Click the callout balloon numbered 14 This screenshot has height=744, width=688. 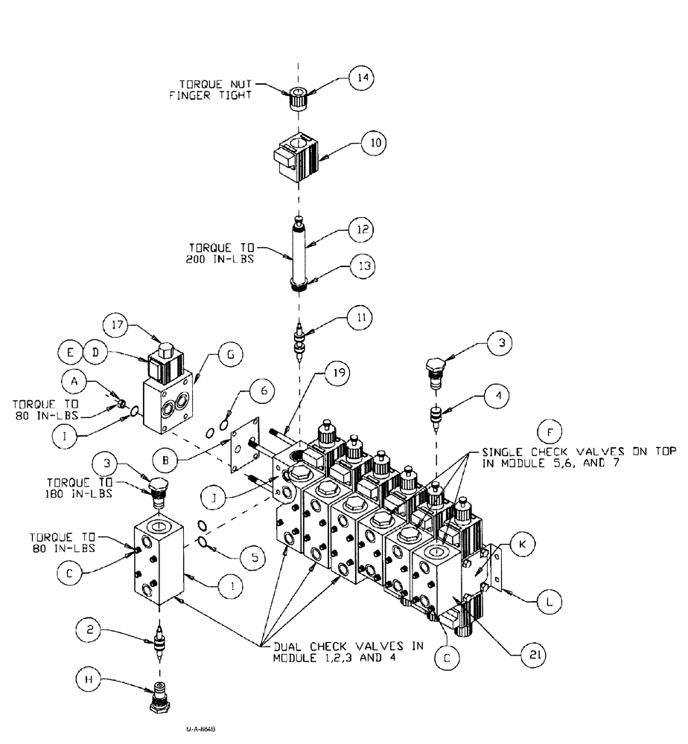point(362,78)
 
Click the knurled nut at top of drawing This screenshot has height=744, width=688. point(298,97)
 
